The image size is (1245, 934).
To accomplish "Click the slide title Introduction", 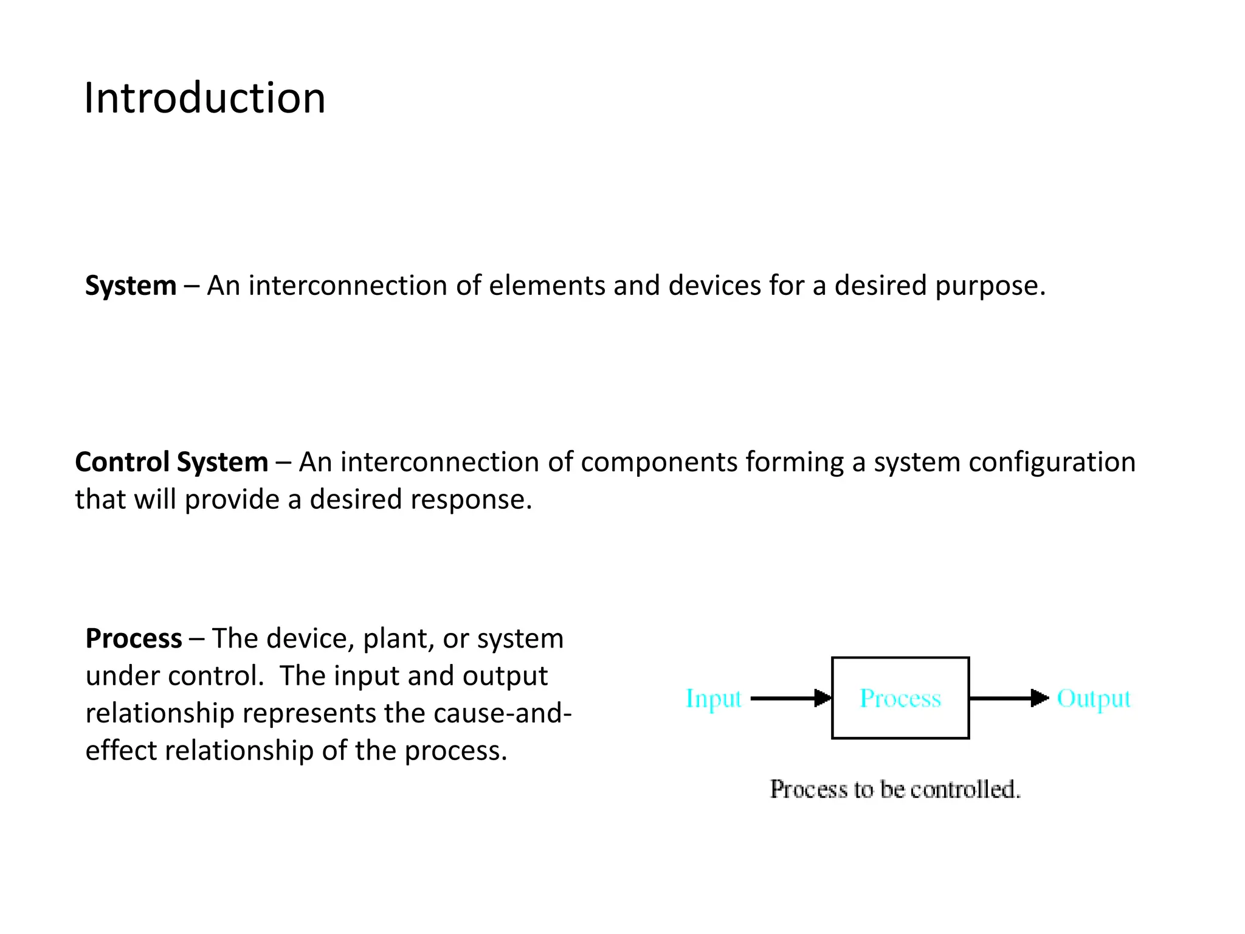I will tap(204, 99).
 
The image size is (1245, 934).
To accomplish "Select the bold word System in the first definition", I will tap(131, 286).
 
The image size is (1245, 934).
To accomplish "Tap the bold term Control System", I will tap(171, 462).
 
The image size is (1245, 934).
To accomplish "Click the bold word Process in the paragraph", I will tap(134, 638).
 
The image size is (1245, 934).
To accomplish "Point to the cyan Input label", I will tap(714, 699).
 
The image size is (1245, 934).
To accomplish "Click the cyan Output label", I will tap(1093, 699).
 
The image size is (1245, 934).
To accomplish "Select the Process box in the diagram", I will tap(900, 698).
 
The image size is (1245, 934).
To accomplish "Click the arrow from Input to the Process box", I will tap(790, 698).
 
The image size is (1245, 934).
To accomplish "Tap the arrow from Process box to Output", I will tap(1008, 698).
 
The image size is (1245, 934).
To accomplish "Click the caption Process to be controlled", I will tap(895, 789).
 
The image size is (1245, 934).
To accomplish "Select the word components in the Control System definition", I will tap(659, 462).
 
